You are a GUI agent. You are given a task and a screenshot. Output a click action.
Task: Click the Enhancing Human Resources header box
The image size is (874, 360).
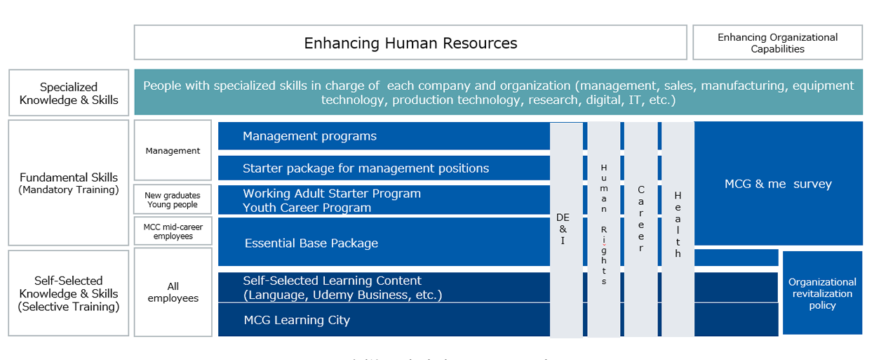410,43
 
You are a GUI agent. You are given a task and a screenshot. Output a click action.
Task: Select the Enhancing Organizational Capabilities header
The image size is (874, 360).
777,43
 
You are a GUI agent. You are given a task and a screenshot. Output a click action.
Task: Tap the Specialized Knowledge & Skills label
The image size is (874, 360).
69,93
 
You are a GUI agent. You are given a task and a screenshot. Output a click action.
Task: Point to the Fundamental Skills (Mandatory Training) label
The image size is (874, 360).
69,182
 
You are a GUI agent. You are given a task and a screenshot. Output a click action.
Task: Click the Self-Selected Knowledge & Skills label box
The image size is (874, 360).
69,293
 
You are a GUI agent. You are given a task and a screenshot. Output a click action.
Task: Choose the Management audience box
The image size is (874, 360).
173,150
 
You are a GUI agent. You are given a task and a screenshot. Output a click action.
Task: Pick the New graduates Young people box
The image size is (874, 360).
173,200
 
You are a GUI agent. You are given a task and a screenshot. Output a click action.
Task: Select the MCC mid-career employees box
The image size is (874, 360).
173,232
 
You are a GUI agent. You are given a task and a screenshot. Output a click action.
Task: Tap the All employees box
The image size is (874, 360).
173,292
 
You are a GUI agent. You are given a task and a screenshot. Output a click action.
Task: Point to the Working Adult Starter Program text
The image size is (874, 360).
332,194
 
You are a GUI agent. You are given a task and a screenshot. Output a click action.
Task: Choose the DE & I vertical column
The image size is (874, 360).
565,229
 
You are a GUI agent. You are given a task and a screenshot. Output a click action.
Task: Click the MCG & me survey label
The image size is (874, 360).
778,184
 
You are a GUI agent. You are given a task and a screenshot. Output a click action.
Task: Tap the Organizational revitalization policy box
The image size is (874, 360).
822,293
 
